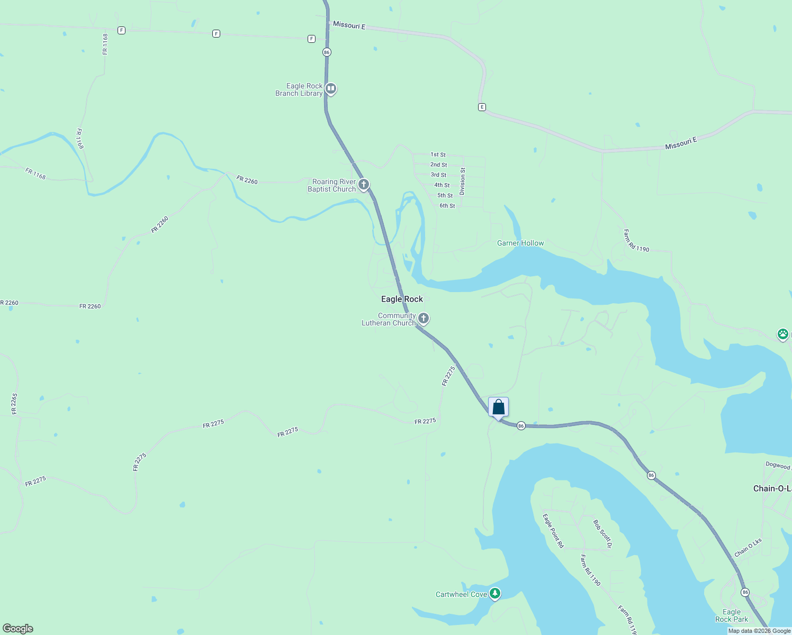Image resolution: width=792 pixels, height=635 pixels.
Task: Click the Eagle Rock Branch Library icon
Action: coord(331,88)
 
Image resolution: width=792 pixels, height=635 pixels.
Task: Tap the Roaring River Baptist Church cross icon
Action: coord(364,184)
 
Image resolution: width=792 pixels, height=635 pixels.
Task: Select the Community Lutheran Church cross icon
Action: coord(423,318)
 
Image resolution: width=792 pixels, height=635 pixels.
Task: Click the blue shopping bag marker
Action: coord(498,407)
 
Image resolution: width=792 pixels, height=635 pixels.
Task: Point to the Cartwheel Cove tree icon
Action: coord(495,593)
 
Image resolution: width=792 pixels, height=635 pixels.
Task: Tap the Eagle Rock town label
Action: coord(402,299)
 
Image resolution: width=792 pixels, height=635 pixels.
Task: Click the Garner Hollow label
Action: coord(520,243)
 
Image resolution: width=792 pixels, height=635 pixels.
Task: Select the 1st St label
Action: coord(438,155)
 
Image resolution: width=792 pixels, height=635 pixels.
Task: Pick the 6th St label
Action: coord(447,206)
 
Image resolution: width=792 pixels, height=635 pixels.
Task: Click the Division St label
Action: coord(462,181)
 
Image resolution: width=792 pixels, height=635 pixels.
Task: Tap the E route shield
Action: coord(482,107)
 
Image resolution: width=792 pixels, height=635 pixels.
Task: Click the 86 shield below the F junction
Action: coord(327,52)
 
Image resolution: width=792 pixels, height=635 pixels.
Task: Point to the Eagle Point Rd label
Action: coord(553,530)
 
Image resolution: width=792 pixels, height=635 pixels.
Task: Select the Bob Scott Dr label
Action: coord(602,533)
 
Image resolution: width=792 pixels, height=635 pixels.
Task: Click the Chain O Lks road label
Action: coord(748,548)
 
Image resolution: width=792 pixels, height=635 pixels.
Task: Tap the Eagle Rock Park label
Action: coord(732,615)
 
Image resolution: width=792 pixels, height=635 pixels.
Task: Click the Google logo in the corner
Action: coord(17,628)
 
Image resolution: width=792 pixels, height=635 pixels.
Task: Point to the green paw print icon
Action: coord(782,334)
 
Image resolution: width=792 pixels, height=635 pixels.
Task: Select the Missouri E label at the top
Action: coord(349,25)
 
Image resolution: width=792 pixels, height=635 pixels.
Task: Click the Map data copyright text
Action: coord(759,631)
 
